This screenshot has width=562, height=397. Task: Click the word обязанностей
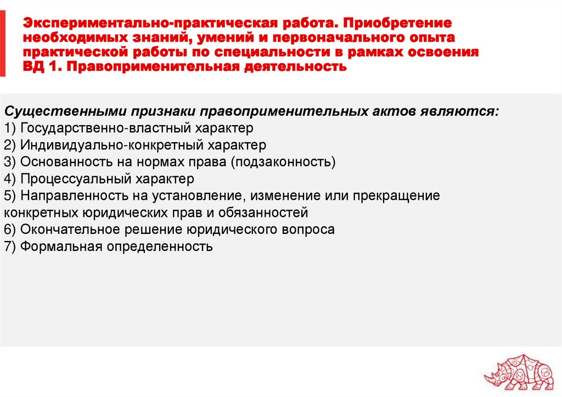coord(261,212)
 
